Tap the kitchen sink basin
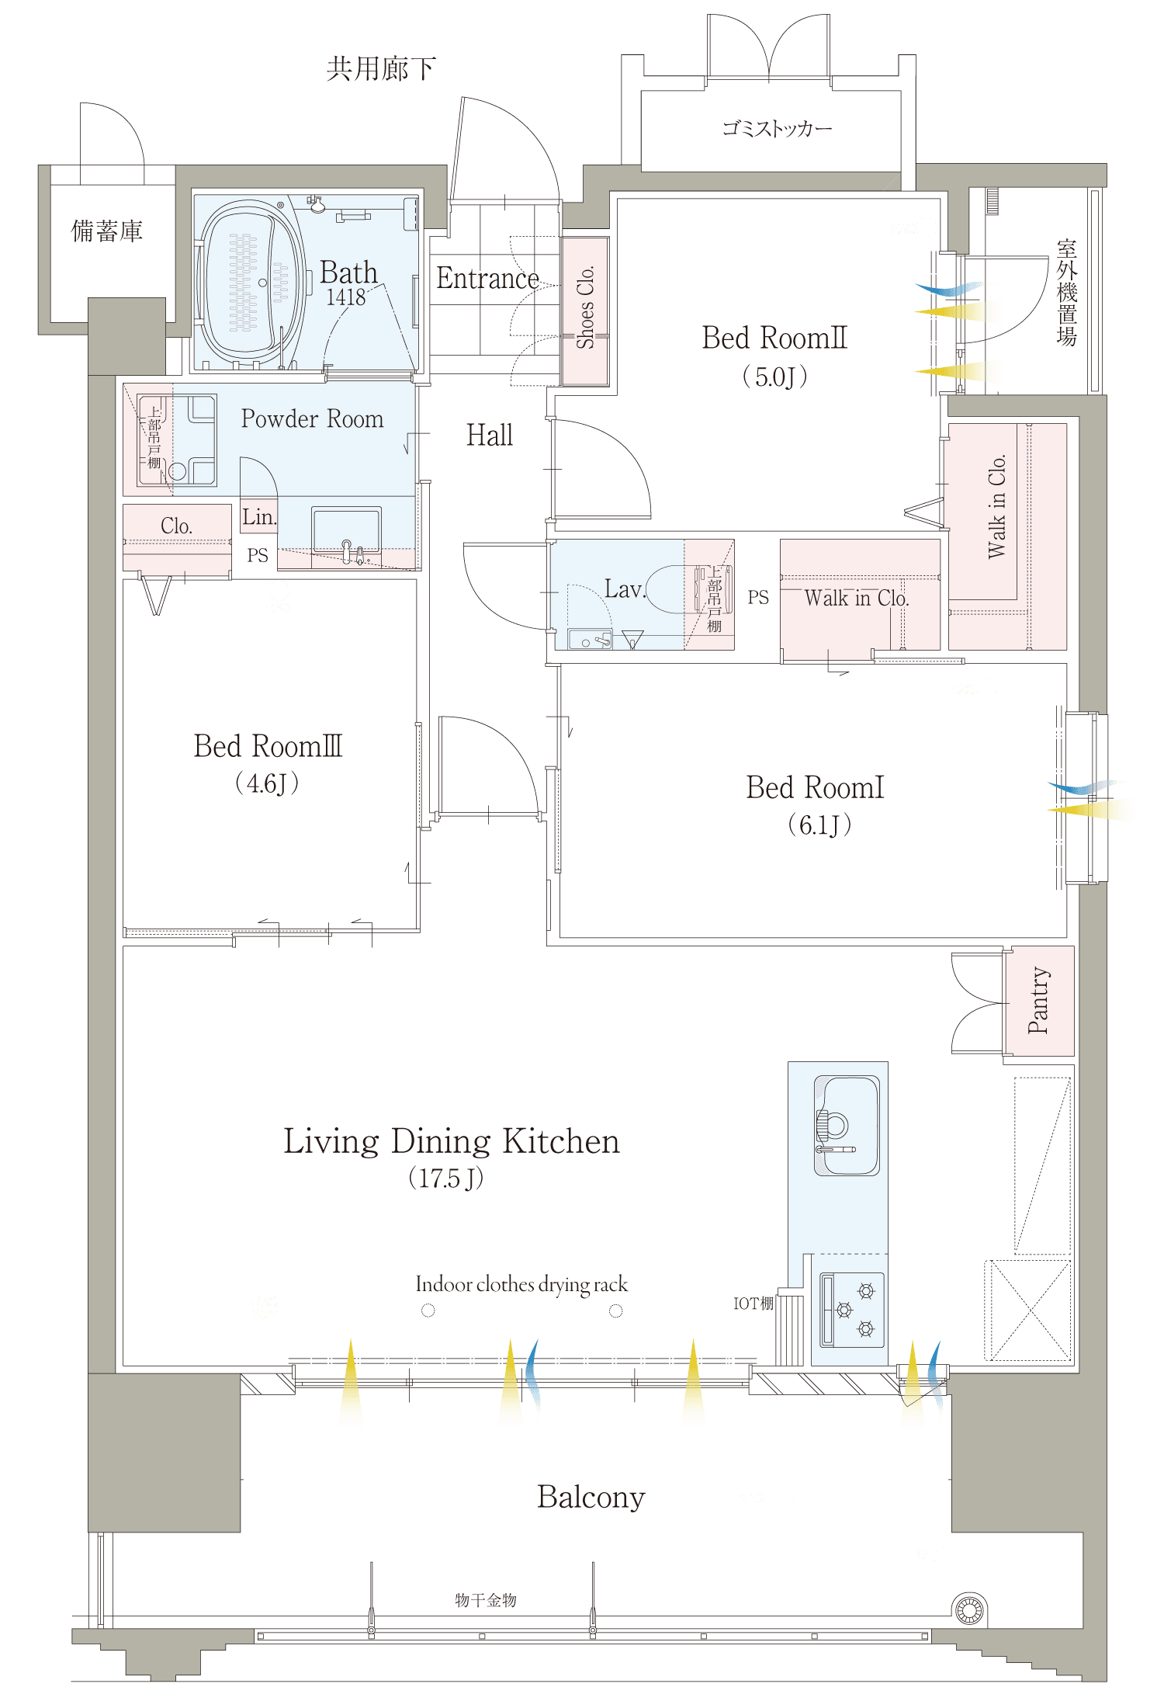coord(847,1126)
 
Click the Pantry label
coord(1038,1000)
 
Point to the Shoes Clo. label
coord(585,307)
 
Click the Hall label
coord(490,436)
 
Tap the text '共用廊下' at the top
coord(380,69)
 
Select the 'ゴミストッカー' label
coord(777,128)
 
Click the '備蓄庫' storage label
coord(107,231)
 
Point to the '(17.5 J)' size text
coord(446,1179)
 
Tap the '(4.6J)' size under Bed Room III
coord(267,783)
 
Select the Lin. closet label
coord(259,517)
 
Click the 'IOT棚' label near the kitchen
coord(753,1304)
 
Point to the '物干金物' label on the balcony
coord(486,1600)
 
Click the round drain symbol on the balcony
coord(969,1609)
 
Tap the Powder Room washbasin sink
coord(346,534)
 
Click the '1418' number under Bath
coord(345,297)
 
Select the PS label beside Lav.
coord(758,597)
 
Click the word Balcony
coord(591,1497)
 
